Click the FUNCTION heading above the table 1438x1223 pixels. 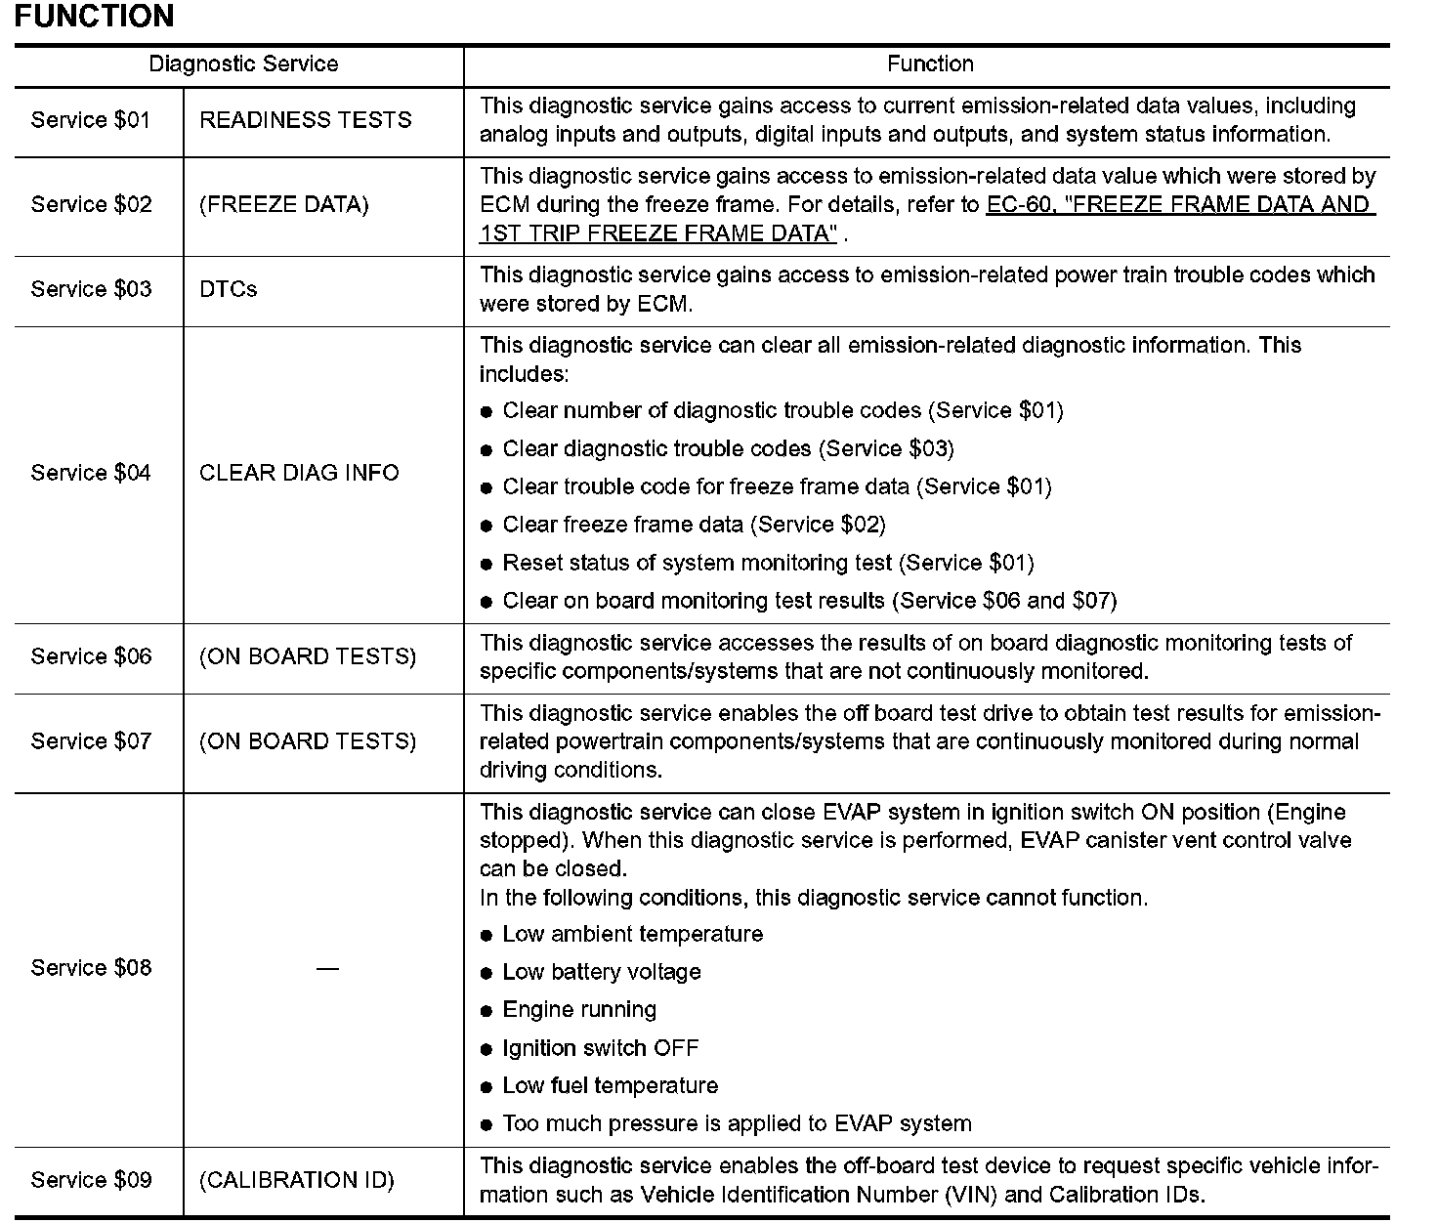94,17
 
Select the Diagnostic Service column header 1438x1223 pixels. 243,64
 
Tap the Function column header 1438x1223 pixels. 929,64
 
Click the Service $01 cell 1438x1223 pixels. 91,120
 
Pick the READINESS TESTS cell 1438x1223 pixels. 305,120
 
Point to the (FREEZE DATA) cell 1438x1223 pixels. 283,205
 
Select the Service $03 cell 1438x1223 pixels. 91,289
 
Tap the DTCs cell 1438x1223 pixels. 229,289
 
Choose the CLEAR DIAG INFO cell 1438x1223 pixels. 299,473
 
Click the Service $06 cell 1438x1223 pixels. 91,656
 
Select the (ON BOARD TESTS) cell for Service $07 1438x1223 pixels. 308,741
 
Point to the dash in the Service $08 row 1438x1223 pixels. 327,968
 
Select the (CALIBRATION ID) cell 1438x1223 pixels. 297,1180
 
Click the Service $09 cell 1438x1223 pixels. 91,1180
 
